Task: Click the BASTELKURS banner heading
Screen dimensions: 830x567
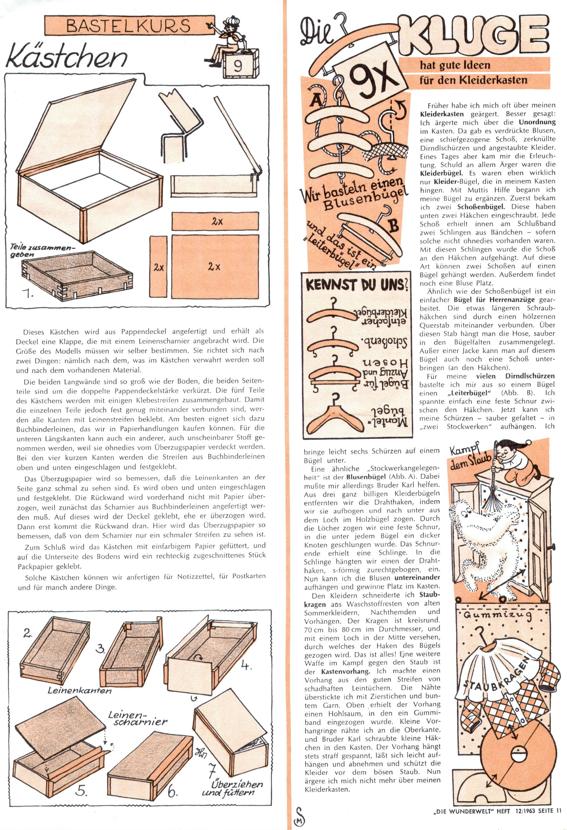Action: [128, 25]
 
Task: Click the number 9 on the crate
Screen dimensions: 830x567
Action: [238, 66]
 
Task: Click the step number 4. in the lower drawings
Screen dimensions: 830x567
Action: [246, 665]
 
